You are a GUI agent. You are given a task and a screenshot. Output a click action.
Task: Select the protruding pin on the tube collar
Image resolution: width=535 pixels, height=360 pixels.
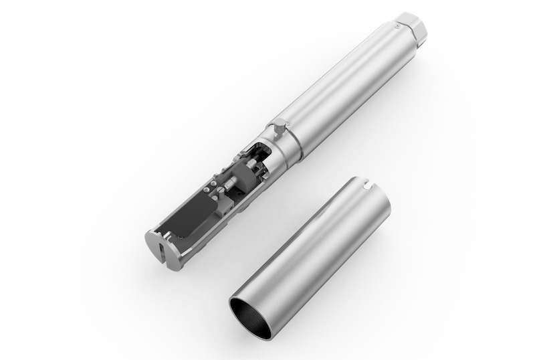(x=280, y=124)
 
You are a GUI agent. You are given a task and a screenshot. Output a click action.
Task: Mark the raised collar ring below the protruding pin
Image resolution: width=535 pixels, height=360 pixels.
(x=284, y=147)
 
